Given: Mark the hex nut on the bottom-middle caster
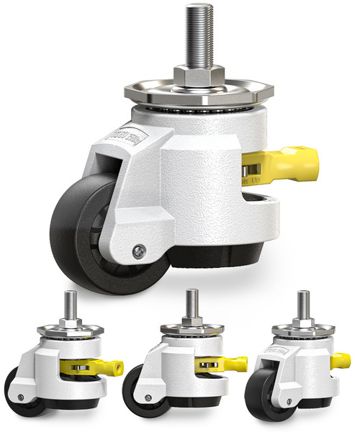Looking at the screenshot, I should tap(191, 320).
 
